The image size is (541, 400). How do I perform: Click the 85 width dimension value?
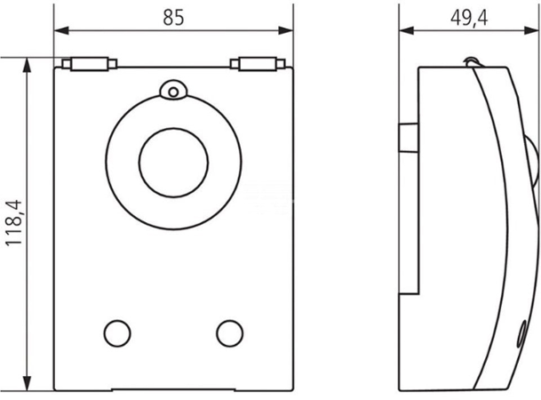point(173,17)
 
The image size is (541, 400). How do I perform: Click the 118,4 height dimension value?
point(14,223)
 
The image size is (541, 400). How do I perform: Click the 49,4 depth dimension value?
point(469,18)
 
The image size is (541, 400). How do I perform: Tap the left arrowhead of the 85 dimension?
point(61,30)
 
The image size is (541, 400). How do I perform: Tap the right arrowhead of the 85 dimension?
point(286,30)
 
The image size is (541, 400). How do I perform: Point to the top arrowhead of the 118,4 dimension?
point(27,65)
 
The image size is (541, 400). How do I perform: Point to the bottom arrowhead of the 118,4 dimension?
point(27,383)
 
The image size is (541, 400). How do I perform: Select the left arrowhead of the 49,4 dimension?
point(407,30)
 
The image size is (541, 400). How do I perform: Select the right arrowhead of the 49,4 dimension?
point(531,30)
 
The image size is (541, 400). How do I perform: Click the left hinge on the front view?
point(90,64)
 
